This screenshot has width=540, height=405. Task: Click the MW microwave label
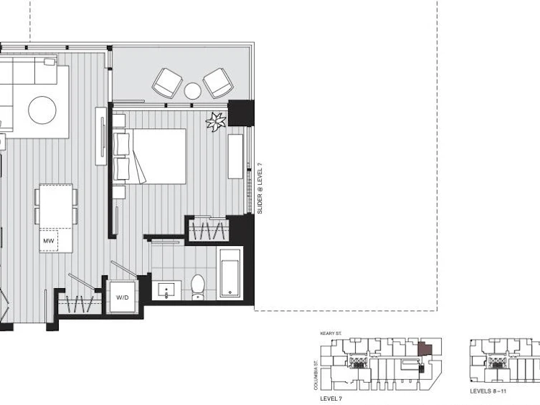point(49,241)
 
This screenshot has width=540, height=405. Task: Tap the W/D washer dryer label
point(122,297)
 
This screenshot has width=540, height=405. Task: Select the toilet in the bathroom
point(198,287)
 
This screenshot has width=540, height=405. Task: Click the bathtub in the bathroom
point(229,274)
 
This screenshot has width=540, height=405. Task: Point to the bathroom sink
point(166,290)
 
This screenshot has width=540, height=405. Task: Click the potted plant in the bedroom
point(216,122)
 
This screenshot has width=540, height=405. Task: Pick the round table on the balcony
point(192,91)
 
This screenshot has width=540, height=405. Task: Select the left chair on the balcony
point(167,83)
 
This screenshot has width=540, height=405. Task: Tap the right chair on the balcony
point(218,83)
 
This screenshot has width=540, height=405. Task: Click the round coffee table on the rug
point(42,110)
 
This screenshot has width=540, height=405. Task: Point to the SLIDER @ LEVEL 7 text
point(260,189)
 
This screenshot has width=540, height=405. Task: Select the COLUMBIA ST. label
point(316,375)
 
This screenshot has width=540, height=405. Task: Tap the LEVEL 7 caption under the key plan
point(331,399)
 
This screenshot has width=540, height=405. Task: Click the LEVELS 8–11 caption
point(488,391)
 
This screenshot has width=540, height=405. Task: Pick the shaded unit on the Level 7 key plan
point(425,349)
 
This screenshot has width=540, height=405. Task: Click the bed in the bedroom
point(149,156)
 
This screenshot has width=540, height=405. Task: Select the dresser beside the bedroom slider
point(235,156)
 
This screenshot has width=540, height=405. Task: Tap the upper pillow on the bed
point(123,144)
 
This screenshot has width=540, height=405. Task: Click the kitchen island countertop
point(56,219)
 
